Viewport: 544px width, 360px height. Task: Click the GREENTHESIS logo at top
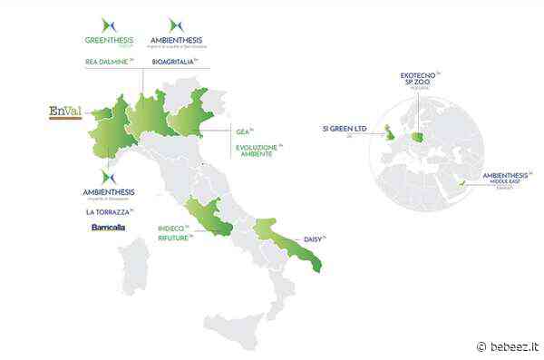coord(108,33)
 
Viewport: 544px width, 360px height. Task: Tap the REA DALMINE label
coord(107,61)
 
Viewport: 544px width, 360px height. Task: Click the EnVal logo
coord(64,112)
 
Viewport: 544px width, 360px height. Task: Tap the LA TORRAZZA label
coord(108,212)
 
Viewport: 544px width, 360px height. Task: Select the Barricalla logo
coord(108,228)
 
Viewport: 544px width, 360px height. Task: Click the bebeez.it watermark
coord(508,346)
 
